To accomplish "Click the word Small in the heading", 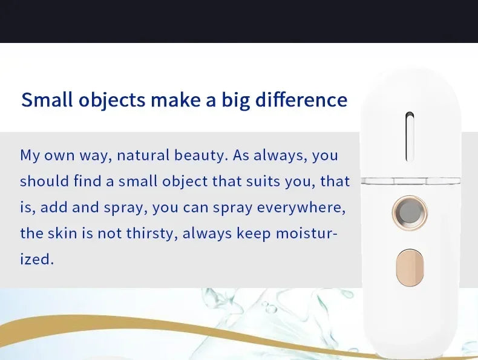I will (47, 100).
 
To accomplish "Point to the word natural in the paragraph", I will (142, 155).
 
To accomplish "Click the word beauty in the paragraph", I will (201, 155).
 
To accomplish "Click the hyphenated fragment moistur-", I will (307, 233).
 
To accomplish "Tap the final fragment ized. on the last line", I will (37, 260).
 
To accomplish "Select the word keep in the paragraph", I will (253, 234).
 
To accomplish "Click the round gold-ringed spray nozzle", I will (409, 213).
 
